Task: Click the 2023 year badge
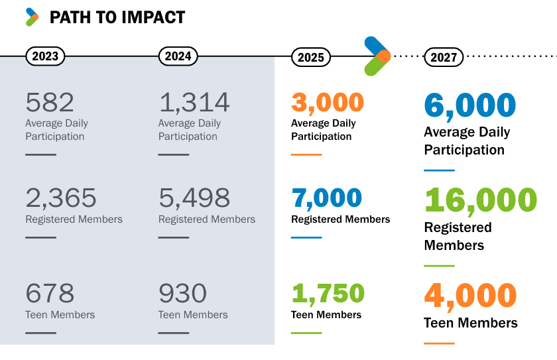[x=45, y=56]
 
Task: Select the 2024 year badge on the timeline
[x=178, y=56]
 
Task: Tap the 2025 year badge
[x=310, y=57]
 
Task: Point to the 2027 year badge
[x=444, y=57]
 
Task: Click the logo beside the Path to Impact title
[x=32, y=17]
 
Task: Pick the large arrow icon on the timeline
[x=377, y=56]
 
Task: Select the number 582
[x=50, y=103]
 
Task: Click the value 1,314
[x=194, y=103]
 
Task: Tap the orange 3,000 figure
[x=328, y=103]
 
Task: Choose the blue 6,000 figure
[x=469, y=106]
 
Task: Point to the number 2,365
[x=61, y=198]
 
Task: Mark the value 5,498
[x=194, y=198]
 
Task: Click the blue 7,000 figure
[x=327, y=198]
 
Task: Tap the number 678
[x=50, y=294]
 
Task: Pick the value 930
[x=182, y=294]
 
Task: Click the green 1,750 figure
[x=328, y=294]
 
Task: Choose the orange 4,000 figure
[x=469, y=296]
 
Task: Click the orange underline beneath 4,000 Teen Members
[x=439, y=343]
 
